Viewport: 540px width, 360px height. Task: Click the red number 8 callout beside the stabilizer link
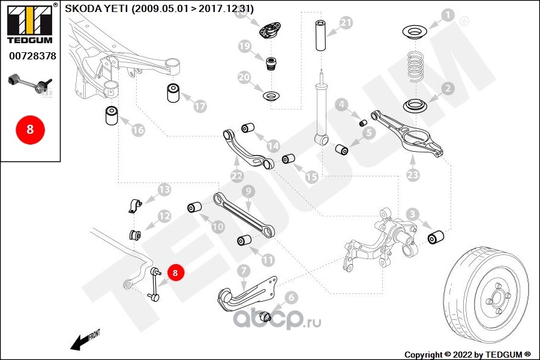pyautogui.click(x=175, y=273)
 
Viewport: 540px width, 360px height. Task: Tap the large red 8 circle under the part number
pyautogui.click(x=30, y=129)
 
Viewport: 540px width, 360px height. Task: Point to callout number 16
pyautogui.click(x=138, y=130)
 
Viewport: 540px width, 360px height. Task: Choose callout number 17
pyautogui.click(x=200, y=106)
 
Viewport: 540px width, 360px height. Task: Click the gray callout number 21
pyautogui.click(x=346, y=23)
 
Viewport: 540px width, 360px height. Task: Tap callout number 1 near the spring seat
pyautogui.click(x=448, y=16)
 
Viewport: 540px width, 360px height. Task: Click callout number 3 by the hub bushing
pyautogui.click(x=412, y=214)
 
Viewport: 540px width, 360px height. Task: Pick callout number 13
pyautogui.click(x=164, y=191)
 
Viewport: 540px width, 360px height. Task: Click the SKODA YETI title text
pyautogui.click(x=159, y=8)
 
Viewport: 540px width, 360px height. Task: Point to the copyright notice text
pyautogui.click(x=468, y=354)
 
